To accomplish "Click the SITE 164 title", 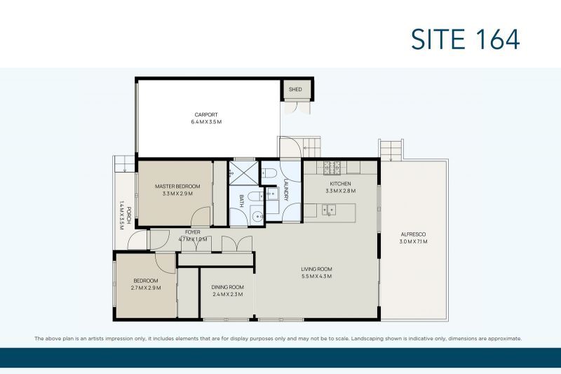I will [x=465, y=39].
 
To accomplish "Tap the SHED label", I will [x=295, y=90].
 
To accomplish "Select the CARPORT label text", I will [x=206, y=114].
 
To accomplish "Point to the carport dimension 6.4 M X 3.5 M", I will [x=206, y=122].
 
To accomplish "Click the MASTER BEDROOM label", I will [x=177, y=186].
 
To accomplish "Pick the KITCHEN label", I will [x=340, y=184].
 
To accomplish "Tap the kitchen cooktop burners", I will [x=331, y=167].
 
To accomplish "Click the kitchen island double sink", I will [x=327, y=209].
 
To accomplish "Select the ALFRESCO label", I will [x=413, y=234].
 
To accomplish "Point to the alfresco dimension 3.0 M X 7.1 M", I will [x=413, y=241].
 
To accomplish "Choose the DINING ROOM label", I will [x=227, y=287].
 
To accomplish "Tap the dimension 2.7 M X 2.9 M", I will [x=146, y=288].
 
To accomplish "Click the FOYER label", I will [x=193, y=232].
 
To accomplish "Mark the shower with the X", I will [x=243, y=172].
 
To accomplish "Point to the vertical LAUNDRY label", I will [x=286, y=189].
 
